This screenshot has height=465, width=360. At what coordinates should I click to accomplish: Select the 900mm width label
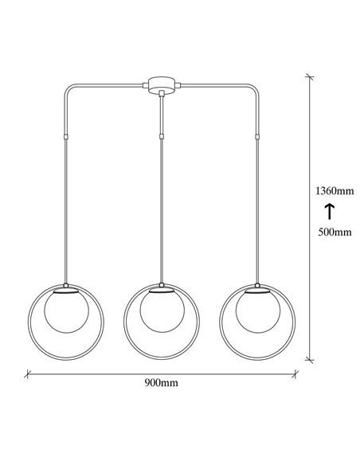pos(161,382)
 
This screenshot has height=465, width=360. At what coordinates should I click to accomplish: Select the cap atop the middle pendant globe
pos(162,288)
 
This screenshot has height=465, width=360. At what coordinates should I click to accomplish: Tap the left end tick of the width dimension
pos(28,372)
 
